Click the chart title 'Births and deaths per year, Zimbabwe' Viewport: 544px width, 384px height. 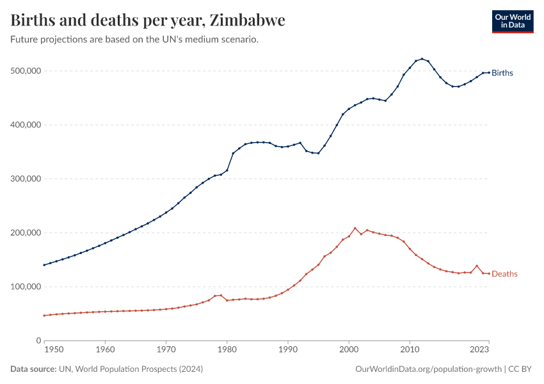(x=148, y=20)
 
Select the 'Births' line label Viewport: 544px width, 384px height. (x=502, y=73)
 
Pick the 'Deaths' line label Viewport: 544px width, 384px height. (x=504, y=274)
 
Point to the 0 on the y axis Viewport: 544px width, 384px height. (x=38, y=341)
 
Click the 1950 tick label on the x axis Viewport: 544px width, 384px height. (x=54, y=350)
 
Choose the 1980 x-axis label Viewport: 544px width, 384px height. (x=227, y=350)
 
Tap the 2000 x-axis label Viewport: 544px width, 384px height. (x=349, y=350)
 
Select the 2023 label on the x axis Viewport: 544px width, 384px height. (x=480, y=350)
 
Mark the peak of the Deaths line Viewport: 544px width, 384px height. (x=355, y=228)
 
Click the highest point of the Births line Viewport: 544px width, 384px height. (x=422, y=58)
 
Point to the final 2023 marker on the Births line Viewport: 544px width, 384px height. (x=489, y=72)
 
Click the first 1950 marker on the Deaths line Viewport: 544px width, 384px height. (x=44, y=316)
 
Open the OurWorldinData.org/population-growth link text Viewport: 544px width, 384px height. (x=428, y=369)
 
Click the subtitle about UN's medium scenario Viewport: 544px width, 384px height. (x=134, y=40)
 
